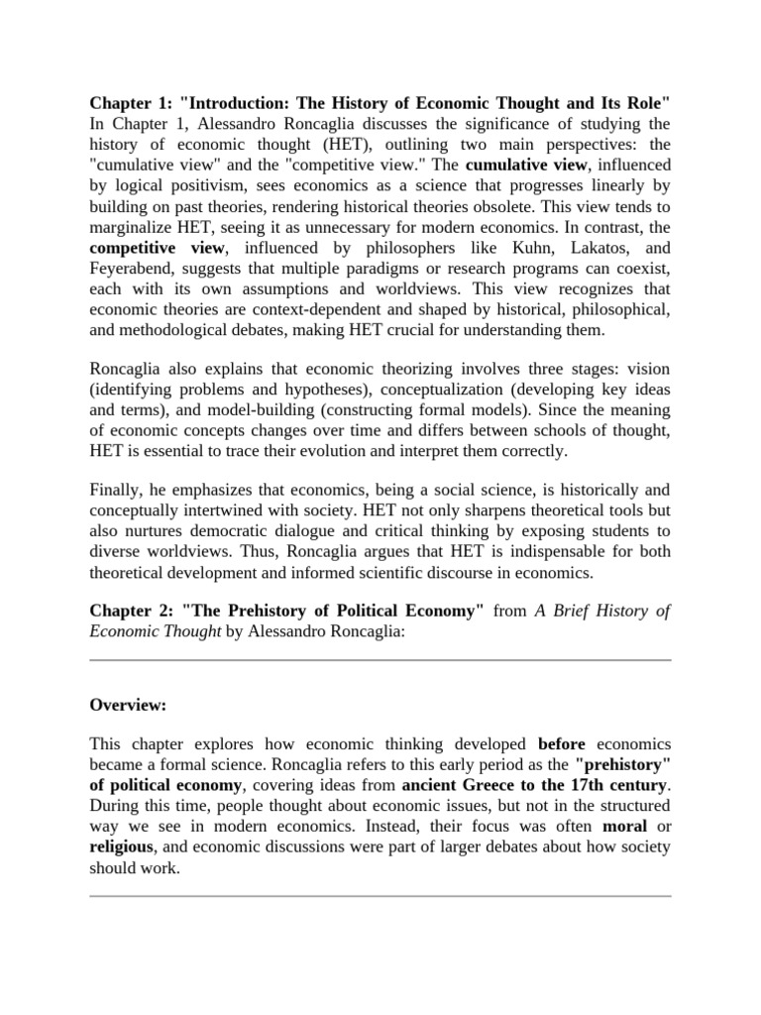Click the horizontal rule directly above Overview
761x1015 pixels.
tap(380, 659)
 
